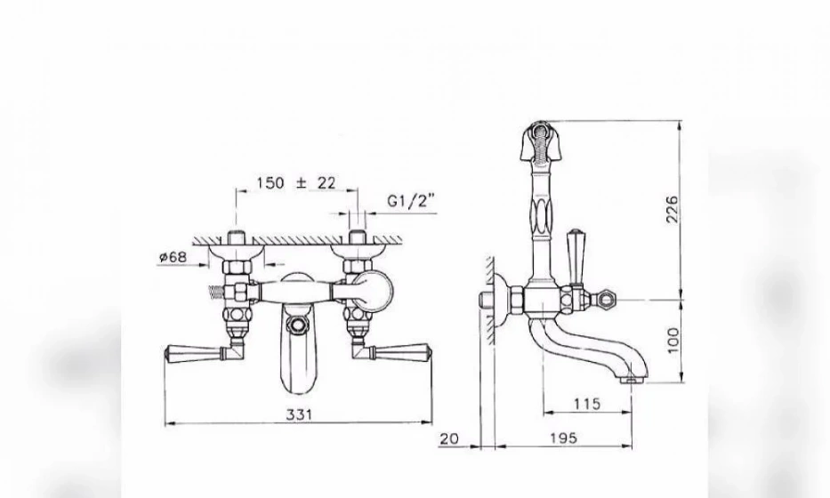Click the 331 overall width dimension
299,414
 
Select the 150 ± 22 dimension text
296,183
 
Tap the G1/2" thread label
411,201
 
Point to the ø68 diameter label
173,257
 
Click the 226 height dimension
671,209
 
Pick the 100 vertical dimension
673,341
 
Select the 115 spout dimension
587,405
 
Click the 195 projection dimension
563,438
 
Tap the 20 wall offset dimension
449,438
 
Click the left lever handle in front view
200,351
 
